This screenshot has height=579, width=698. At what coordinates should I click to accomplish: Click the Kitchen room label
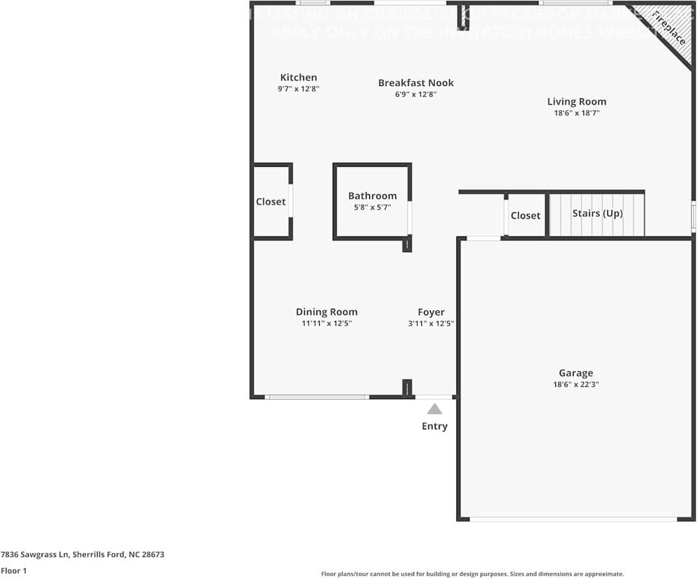click(x=298, y=78)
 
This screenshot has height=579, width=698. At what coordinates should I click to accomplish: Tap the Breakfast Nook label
click(x=415, y=83)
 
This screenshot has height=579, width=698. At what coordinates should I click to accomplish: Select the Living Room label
click(x=576, y=102)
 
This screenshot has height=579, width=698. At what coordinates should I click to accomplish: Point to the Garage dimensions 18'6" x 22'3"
click(x=576, y=384)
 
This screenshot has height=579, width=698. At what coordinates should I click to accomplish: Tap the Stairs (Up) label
click(x=597, y=213)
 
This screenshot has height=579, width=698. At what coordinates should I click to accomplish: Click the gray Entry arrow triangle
click(x=434, y=409)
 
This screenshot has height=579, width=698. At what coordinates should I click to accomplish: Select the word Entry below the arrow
click(x=434, y=426)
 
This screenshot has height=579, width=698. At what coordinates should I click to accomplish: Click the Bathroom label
click(x=372, y=196)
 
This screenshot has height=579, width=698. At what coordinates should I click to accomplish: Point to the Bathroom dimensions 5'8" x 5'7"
click(x=372, y=208)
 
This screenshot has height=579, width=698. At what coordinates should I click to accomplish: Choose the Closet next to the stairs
click(x=525, y=216)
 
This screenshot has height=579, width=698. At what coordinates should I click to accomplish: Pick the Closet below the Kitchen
click(x=270, y=202)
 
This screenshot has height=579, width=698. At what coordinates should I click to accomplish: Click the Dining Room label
click(x=326, y=312)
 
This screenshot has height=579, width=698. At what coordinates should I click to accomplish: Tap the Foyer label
click(x=431, y=312)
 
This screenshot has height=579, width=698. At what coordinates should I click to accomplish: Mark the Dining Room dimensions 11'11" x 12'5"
click(x=326, y=323)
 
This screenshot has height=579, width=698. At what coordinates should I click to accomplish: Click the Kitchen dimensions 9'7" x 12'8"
click(x=298, y=89)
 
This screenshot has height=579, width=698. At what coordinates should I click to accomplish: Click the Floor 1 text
click(x=14, y=571)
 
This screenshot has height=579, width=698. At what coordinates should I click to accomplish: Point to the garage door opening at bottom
click(x=573, y=519)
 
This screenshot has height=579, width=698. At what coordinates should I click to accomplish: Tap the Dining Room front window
click(x=316, y=397)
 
